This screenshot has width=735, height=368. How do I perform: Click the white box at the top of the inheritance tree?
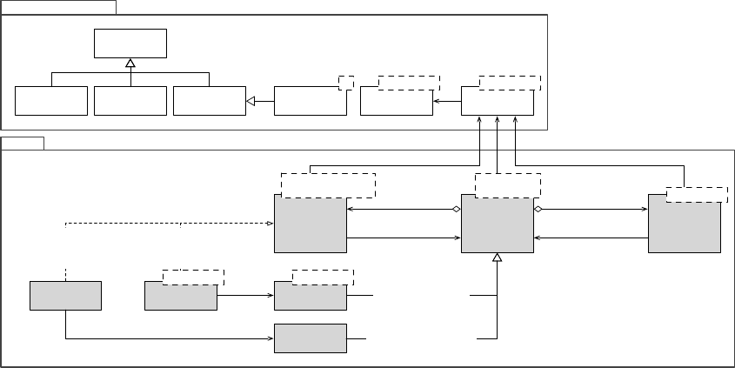(130, 42)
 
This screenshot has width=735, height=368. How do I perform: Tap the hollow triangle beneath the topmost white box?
(130, 63)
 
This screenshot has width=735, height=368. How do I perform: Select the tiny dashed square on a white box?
(346, 82)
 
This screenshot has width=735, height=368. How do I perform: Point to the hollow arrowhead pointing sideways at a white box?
(251, 102)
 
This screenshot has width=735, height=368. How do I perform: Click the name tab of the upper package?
(58, 7)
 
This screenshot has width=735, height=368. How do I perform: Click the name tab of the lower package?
(23, 143)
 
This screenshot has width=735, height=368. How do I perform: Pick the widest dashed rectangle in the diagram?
(328, 185)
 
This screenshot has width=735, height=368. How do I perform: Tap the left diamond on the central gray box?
(456, 210)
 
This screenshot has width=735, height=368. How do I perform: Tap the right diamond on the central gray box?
(538, 210)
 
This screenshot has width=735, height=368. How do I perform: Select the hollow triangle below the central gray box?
(497, 258)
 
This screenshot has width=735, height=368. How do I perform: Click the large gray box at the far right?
(685, 224)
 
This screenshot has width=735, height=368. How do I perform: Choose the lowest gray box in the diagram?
(310, 338)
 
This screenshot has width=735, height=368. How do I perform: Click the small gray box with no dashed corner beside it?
(65, 295)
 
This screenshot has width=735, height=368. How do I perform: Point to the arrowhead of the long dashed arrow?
(270, 224)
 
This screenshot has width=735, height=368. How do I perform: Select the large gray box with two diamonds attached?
(497, 224)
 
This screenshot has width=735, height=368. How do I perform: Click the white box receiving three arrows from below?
(497, 101)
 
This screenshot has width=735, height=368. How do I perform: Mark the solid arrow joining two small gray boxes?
(245, 295)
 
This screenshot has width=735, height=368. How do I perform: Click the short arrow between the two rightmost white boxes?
(446, 102)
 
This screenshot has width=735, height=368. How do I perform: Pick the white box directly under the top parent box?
(130, 101)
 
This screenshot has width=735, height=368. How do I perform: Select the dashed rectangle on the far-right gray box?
(697, 194)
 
